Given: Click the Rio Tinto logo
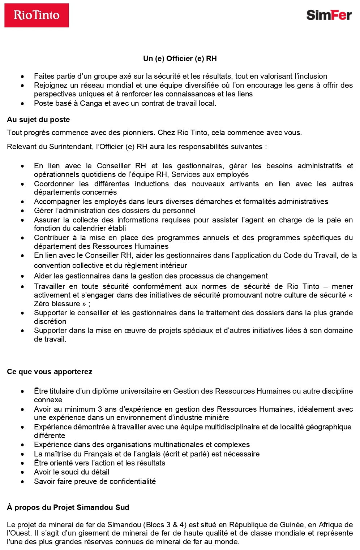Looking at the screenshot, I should pos(37,15).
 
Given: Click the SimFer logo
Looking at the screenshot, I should pos(329,15).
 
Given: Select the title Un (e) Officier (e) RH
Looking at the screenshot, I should pos(180,59).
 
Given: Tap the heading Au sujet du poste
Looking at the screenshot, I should pos(38,120).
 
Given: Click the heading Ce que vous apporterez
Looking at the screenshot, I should pos(50,372).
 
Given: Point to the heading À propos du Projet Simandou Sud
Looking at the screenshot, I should pos(68,507).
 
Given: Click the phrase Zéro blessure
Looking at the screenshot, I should pos(57,304).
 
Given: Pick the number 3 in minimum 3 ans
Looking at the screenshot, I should pos(100,409).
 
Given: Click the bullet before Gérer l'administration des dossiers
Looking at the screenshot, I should pos(23,211).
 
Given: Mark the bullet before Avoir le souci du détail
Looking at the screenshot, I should pos(23,472).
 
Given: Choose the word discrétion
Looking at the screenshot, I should pos(50,321).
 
